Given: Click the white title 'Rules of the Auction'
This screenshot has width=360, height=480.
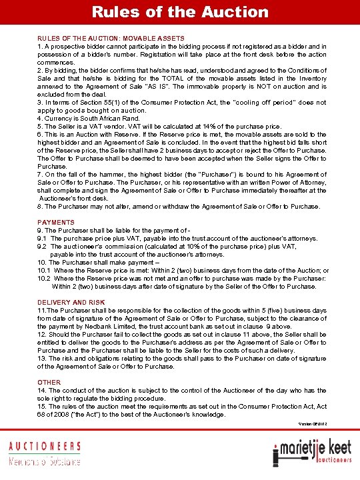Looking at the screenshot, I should click(180, 11).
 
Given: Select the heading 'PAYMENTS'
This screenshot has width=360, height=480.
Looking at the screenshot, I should click(56, 221).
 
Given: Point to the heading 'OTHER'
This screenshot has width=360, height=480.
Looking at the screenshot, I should click(49, 383).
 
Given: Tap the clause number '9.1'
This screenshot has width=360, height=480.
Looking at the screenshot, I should click(43, 238).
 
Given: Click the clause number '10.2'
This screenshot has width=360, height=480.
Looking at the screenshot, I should click(45, 278).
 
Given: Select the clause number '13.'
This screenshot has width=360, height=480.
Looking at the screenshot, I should click(42, 359).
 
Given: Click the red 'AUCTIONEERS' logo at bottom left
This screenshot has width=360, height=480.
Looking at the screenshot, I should click(44, 446).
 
